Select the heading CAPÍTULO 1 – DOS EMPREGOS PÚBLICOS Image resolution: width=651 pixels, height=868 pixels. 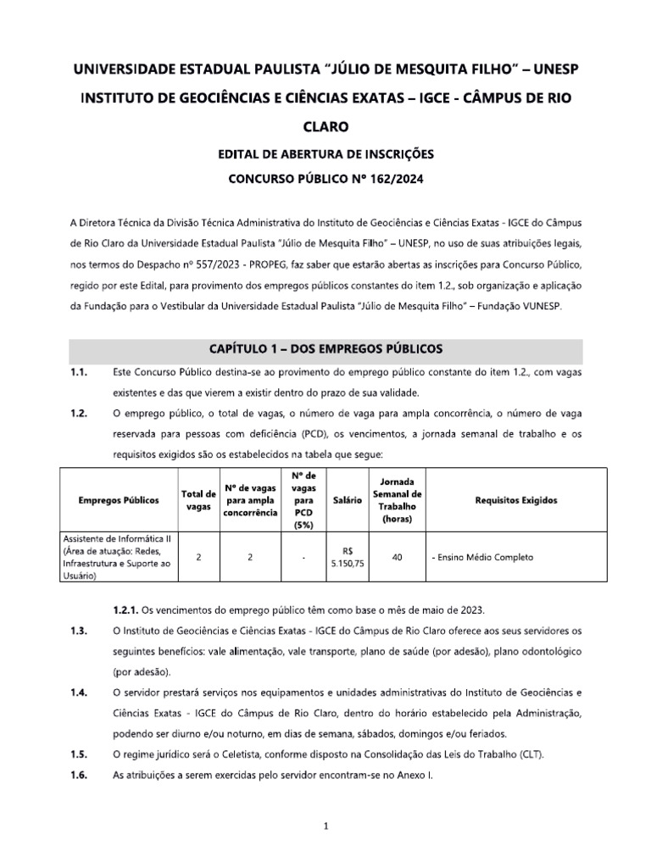tap(325, 349)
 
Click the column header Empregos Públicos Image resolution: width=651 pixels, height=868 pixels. tap(118, 500)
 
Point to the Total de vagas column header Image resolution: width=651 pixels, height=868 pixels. tap(197, 500)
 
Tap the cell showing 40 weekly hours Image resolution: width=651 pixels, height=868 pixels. tap(397, 557)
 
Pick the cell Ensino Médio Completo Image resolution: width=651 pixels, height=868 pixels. tap(481, 557)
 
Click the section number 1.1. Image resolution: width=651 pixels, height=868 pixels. tap(80, 373)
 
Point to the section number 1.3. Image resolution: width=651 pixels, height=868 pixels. tap(80, 630)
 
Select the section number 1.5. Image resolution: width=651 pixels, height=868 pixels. tap(80, 754)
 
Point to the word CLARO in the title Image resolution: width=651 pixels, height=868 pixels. tap(325, 126)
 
